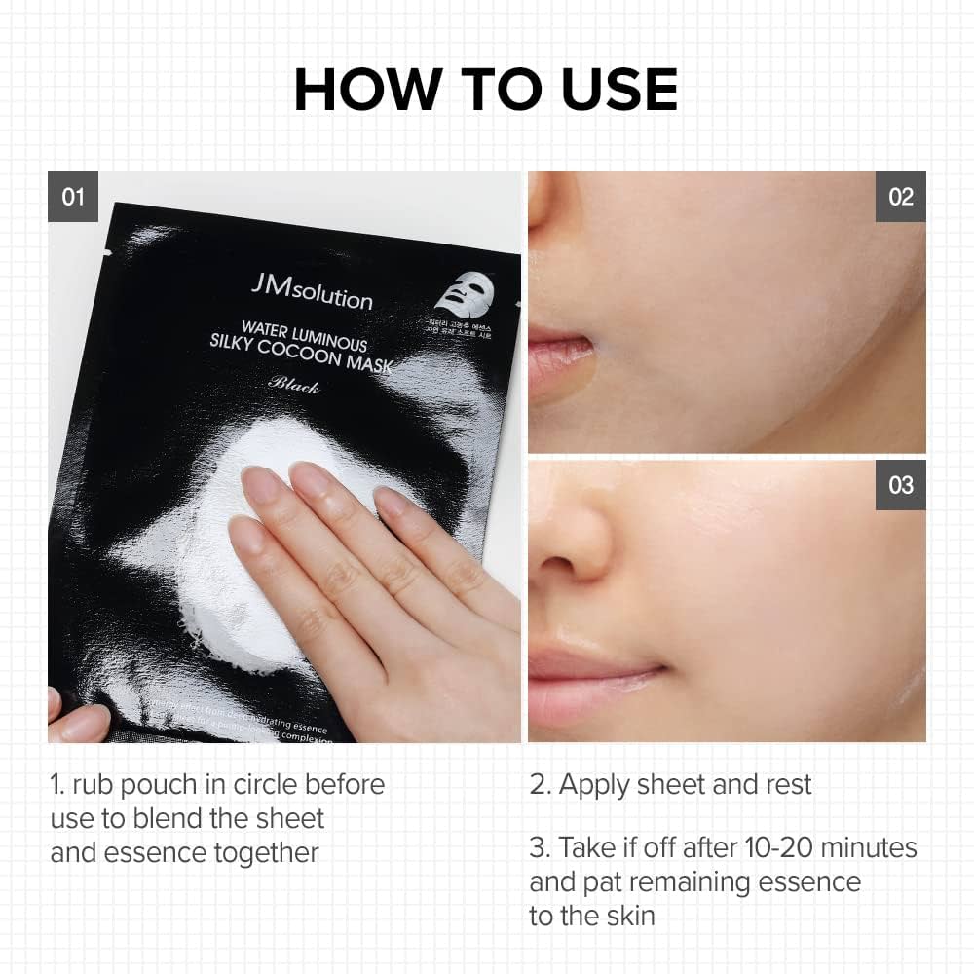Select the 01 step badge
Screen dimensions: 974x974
tap(73, 197)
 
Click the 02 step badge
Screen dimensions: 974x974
tap(901, 197)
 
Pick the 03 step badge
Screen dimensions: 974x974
tap(901, 485)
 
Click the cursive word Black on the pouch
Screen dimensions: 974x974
tap(293, 385)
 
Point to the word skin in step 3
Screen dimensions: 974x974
tap(629, 916)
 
